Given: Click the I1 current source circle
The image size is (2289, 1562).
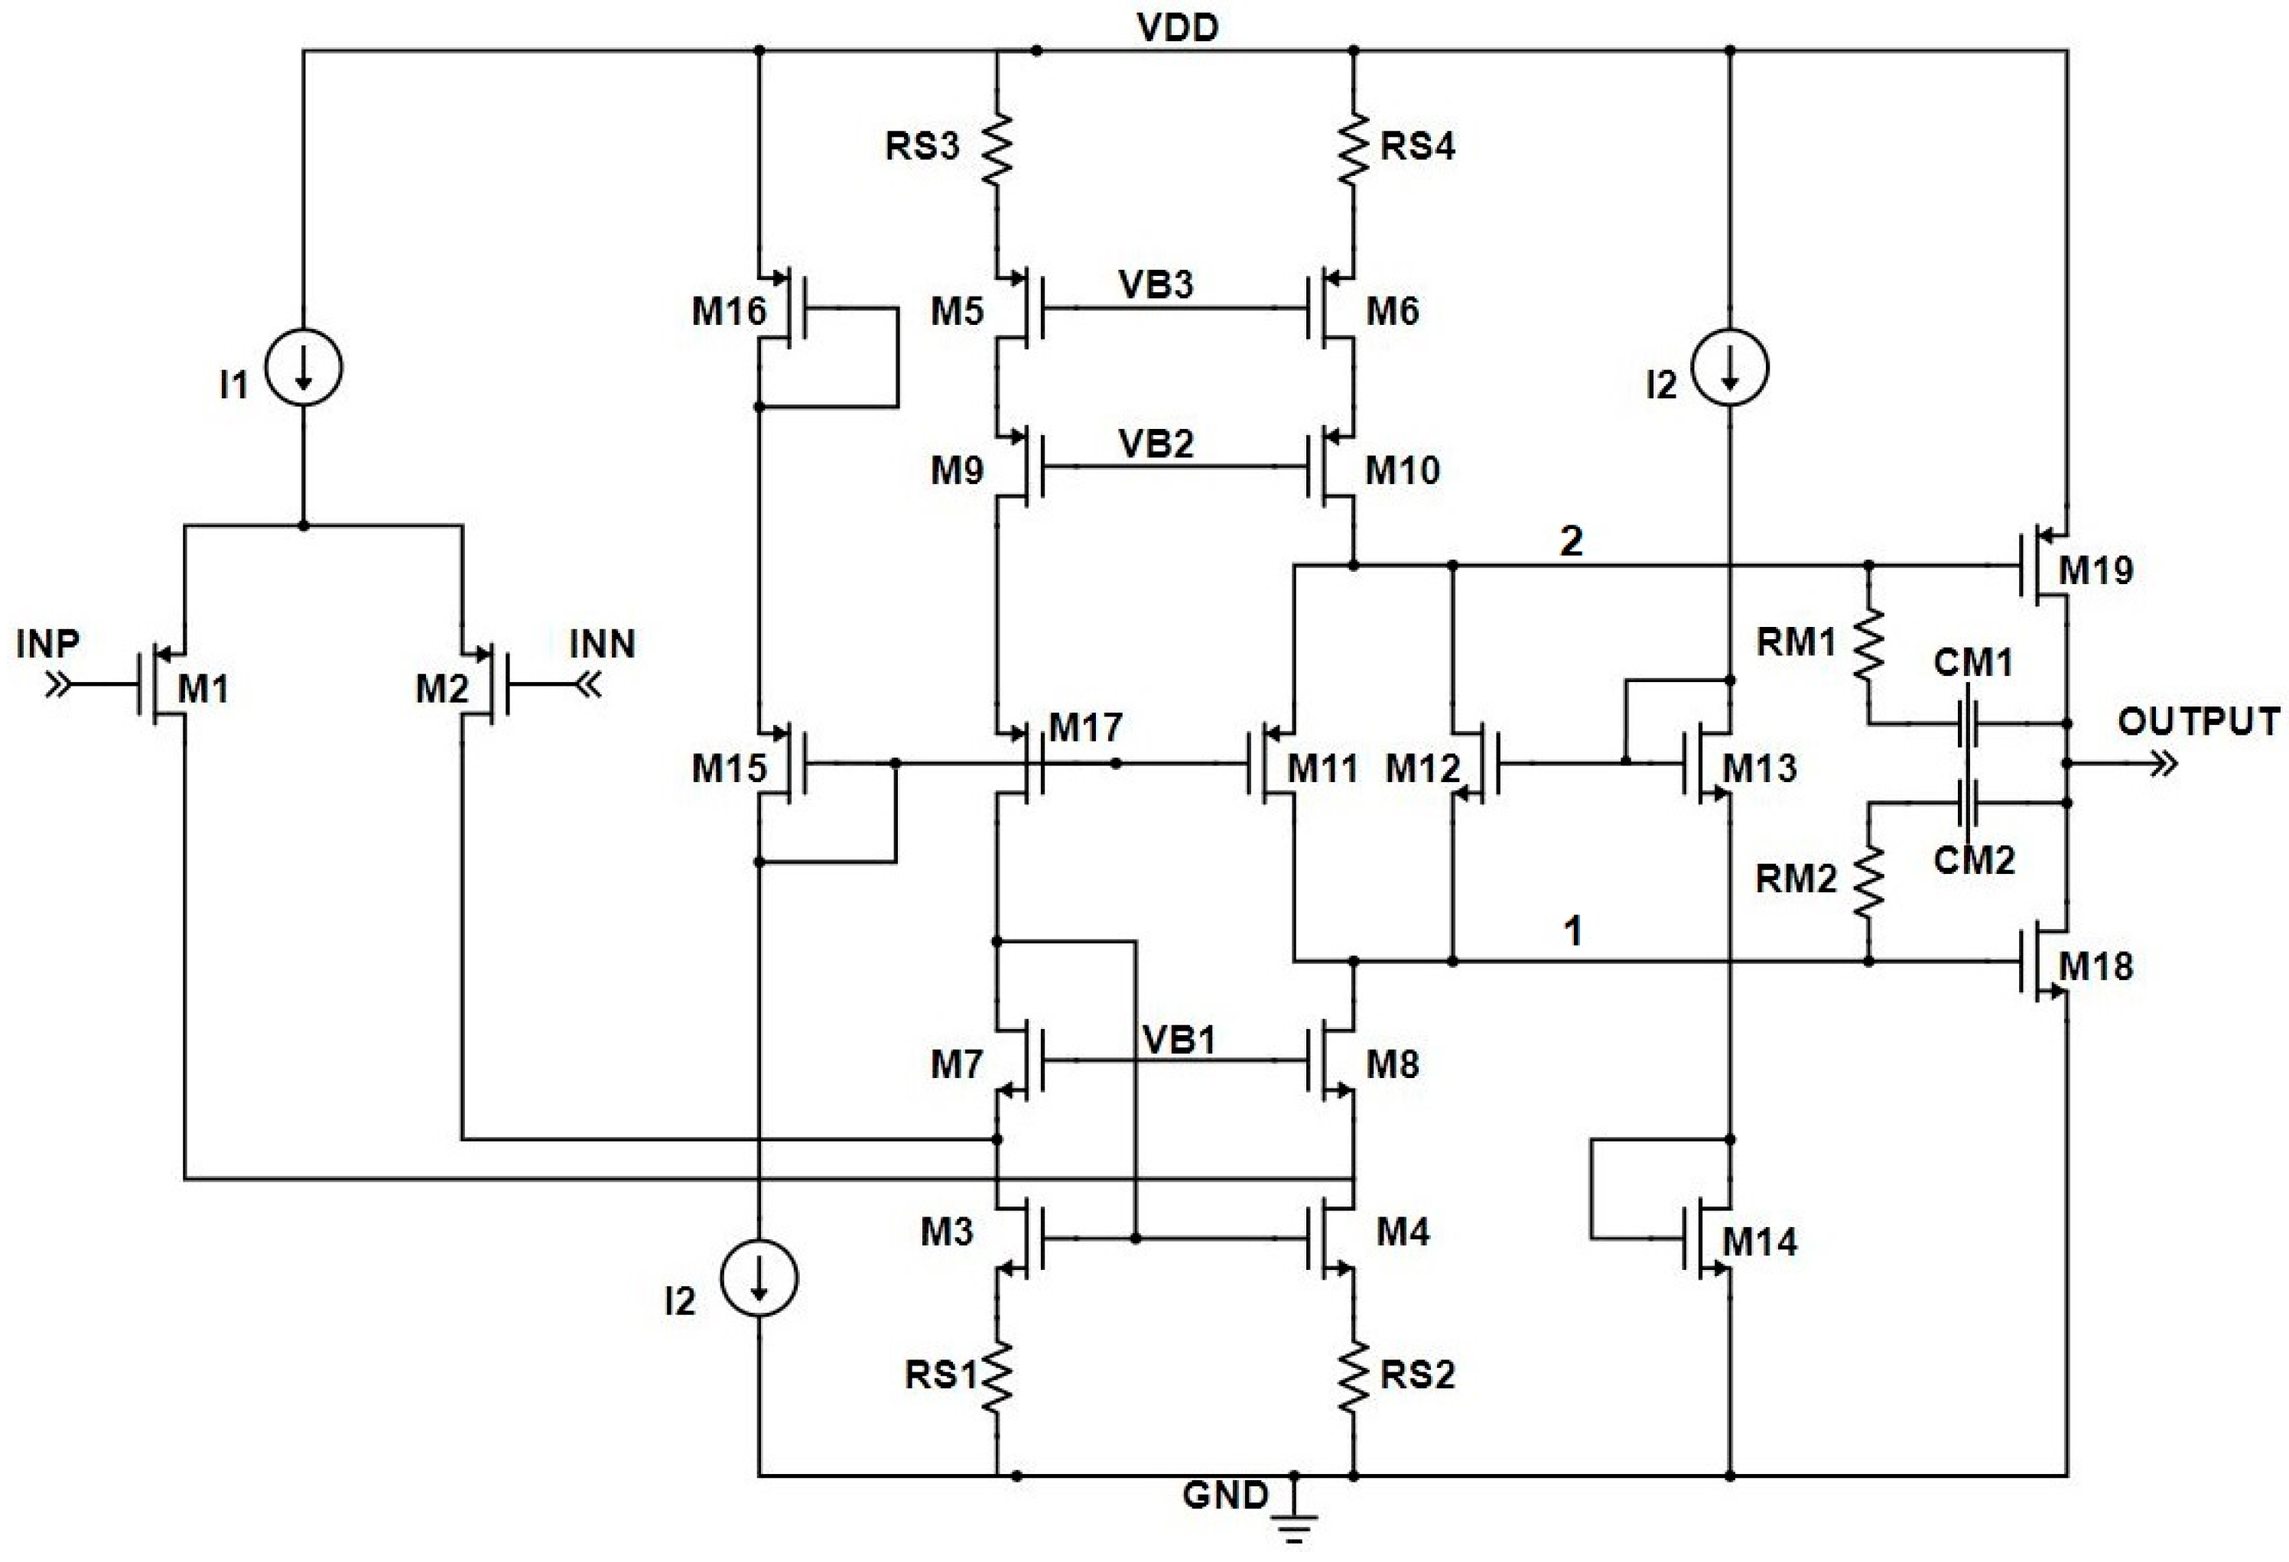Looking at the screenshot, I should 304,367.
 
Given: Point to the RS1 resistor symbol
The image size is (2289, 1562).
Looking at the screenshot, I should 997,1377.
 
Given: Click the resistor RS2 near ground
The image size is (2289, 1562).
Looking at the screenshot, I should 1354,1377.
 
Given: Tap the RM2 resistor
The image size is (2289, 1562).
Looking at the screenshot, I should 1868,879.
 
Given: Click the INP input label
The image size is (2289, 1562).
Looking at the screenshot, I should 47,644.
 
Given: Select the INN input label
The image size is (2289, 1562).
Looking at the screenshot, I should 602,644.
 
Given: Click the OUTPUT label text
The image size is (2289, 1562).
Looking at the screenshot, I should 2199,722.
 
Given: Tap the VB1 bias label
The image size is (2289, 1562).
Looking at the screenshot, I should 1179,1040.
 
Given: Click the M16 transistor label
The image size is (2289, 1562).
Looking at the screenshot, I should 728,311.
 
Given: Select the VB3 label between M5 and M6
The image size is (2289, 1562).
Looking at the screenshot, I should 1156,284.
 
